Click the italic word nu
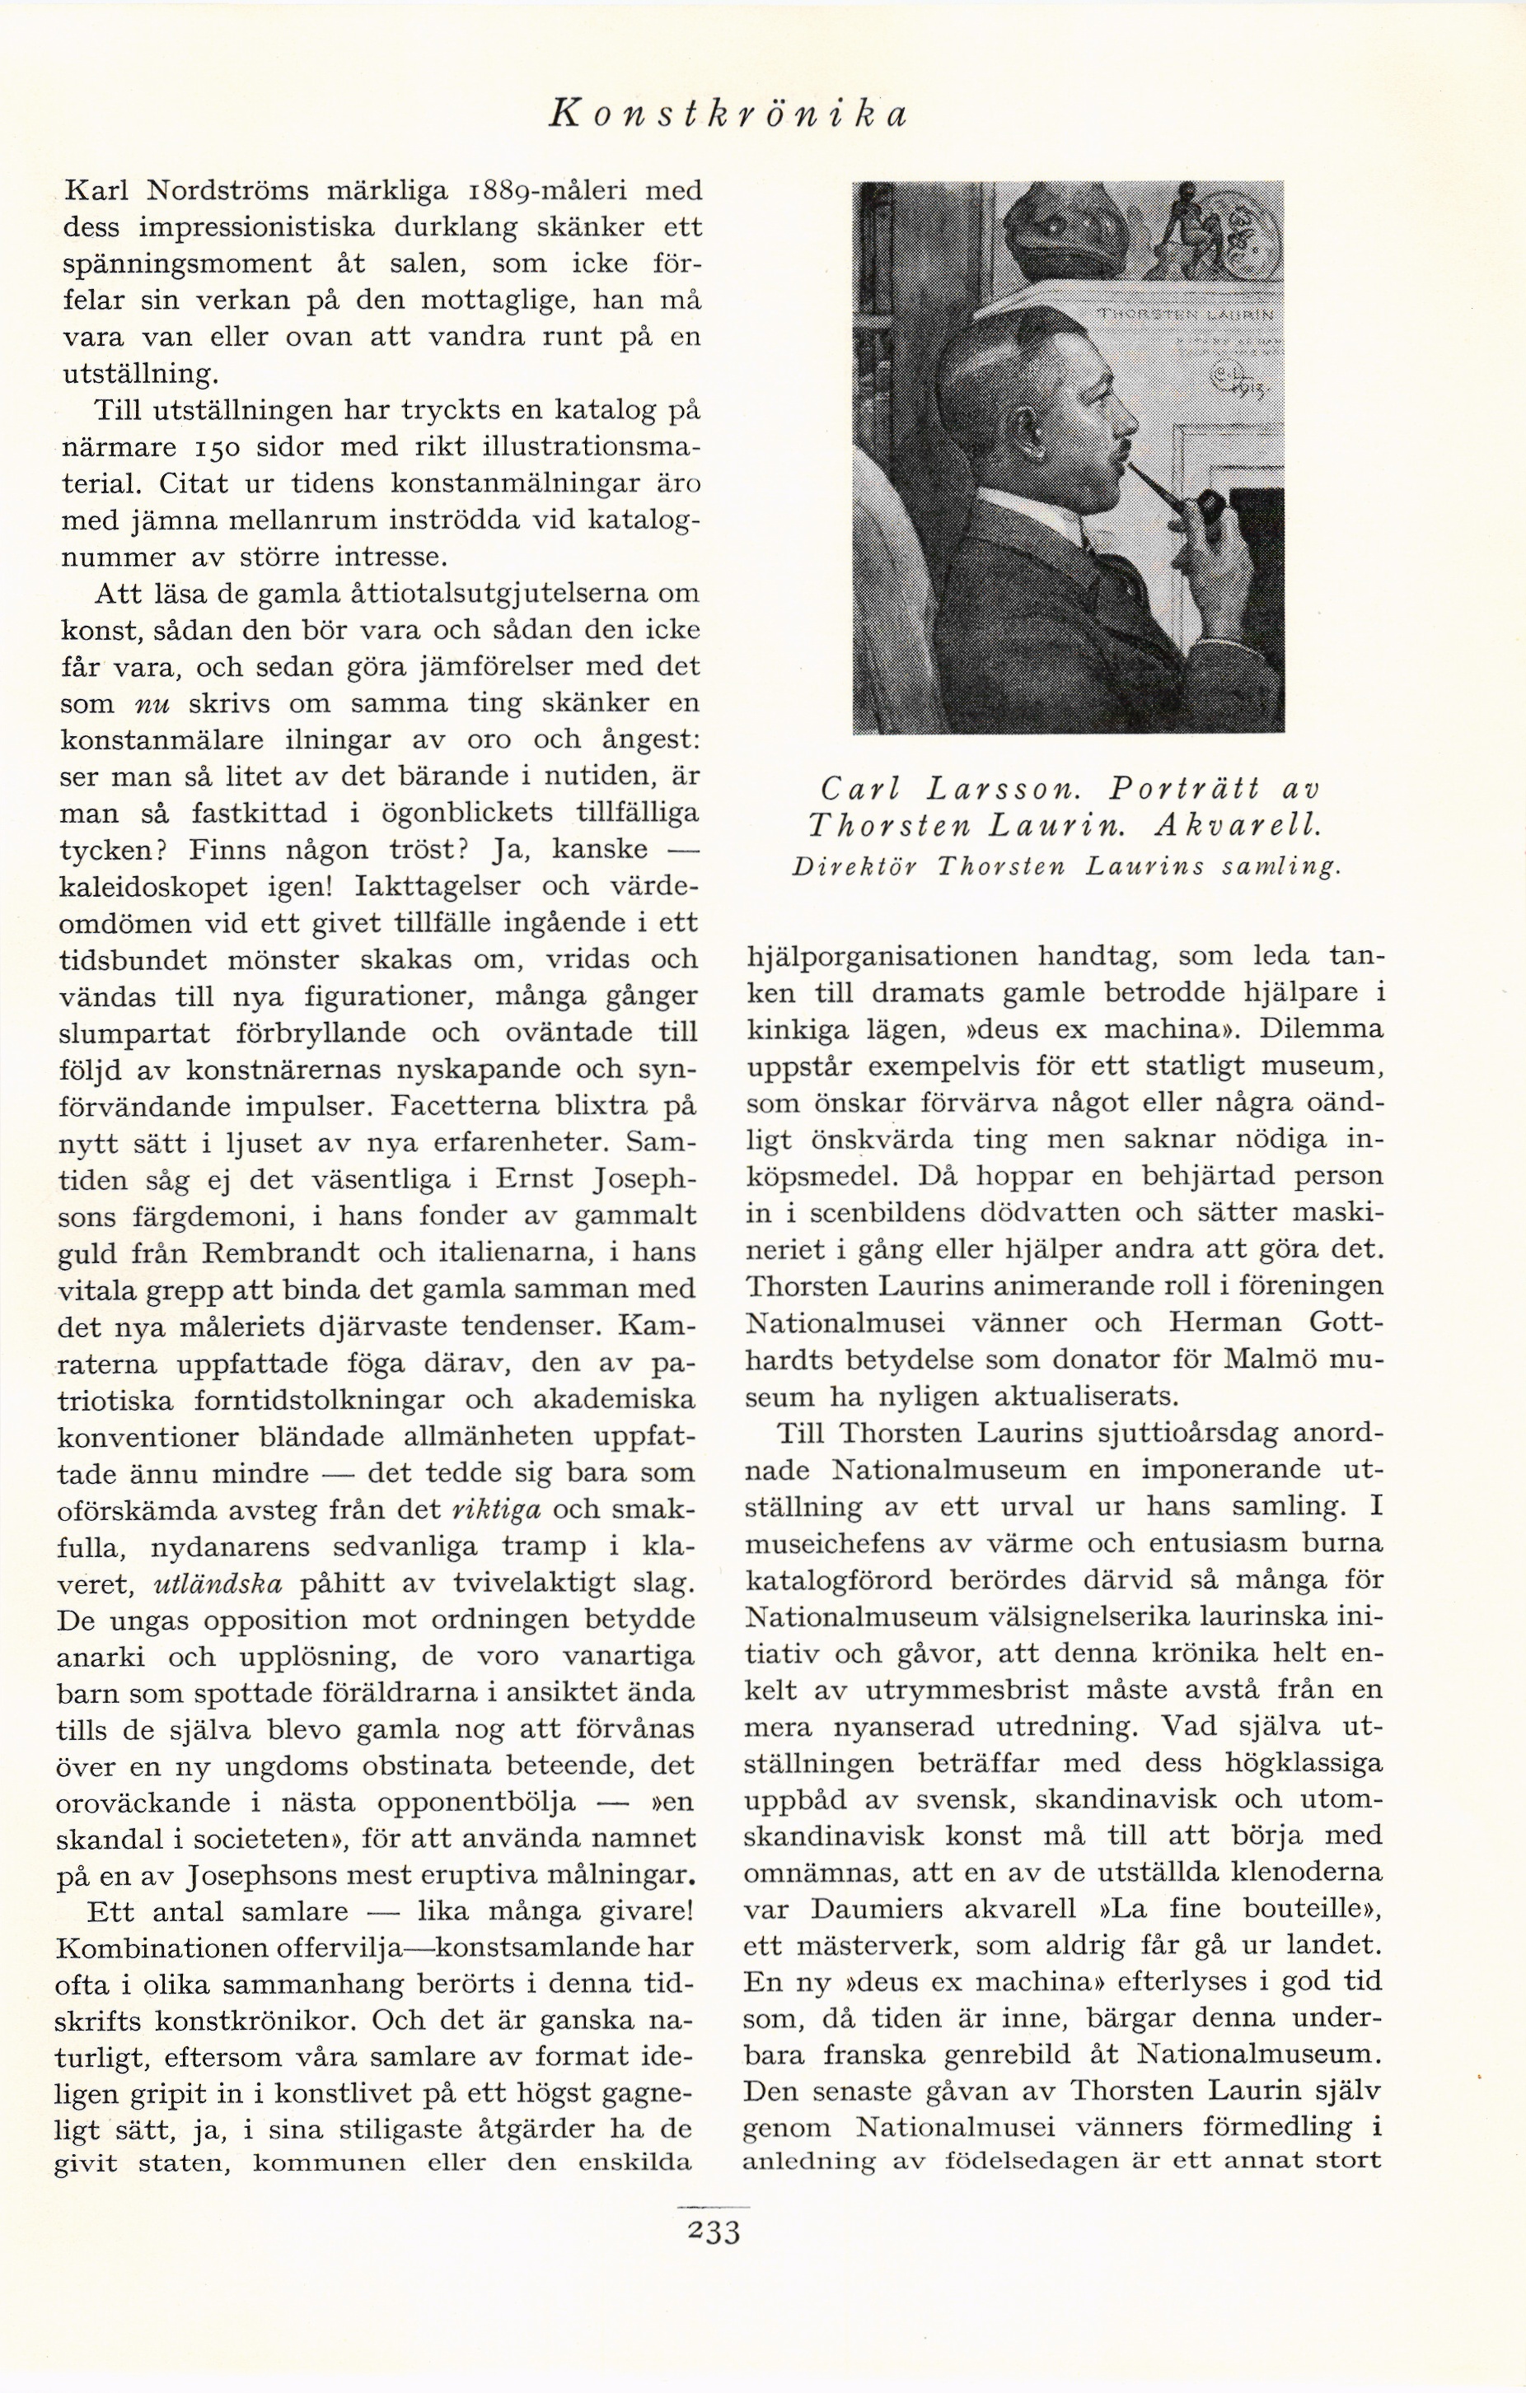(x=151, y=703)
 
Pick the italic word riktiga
(x=496, y=1509)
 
